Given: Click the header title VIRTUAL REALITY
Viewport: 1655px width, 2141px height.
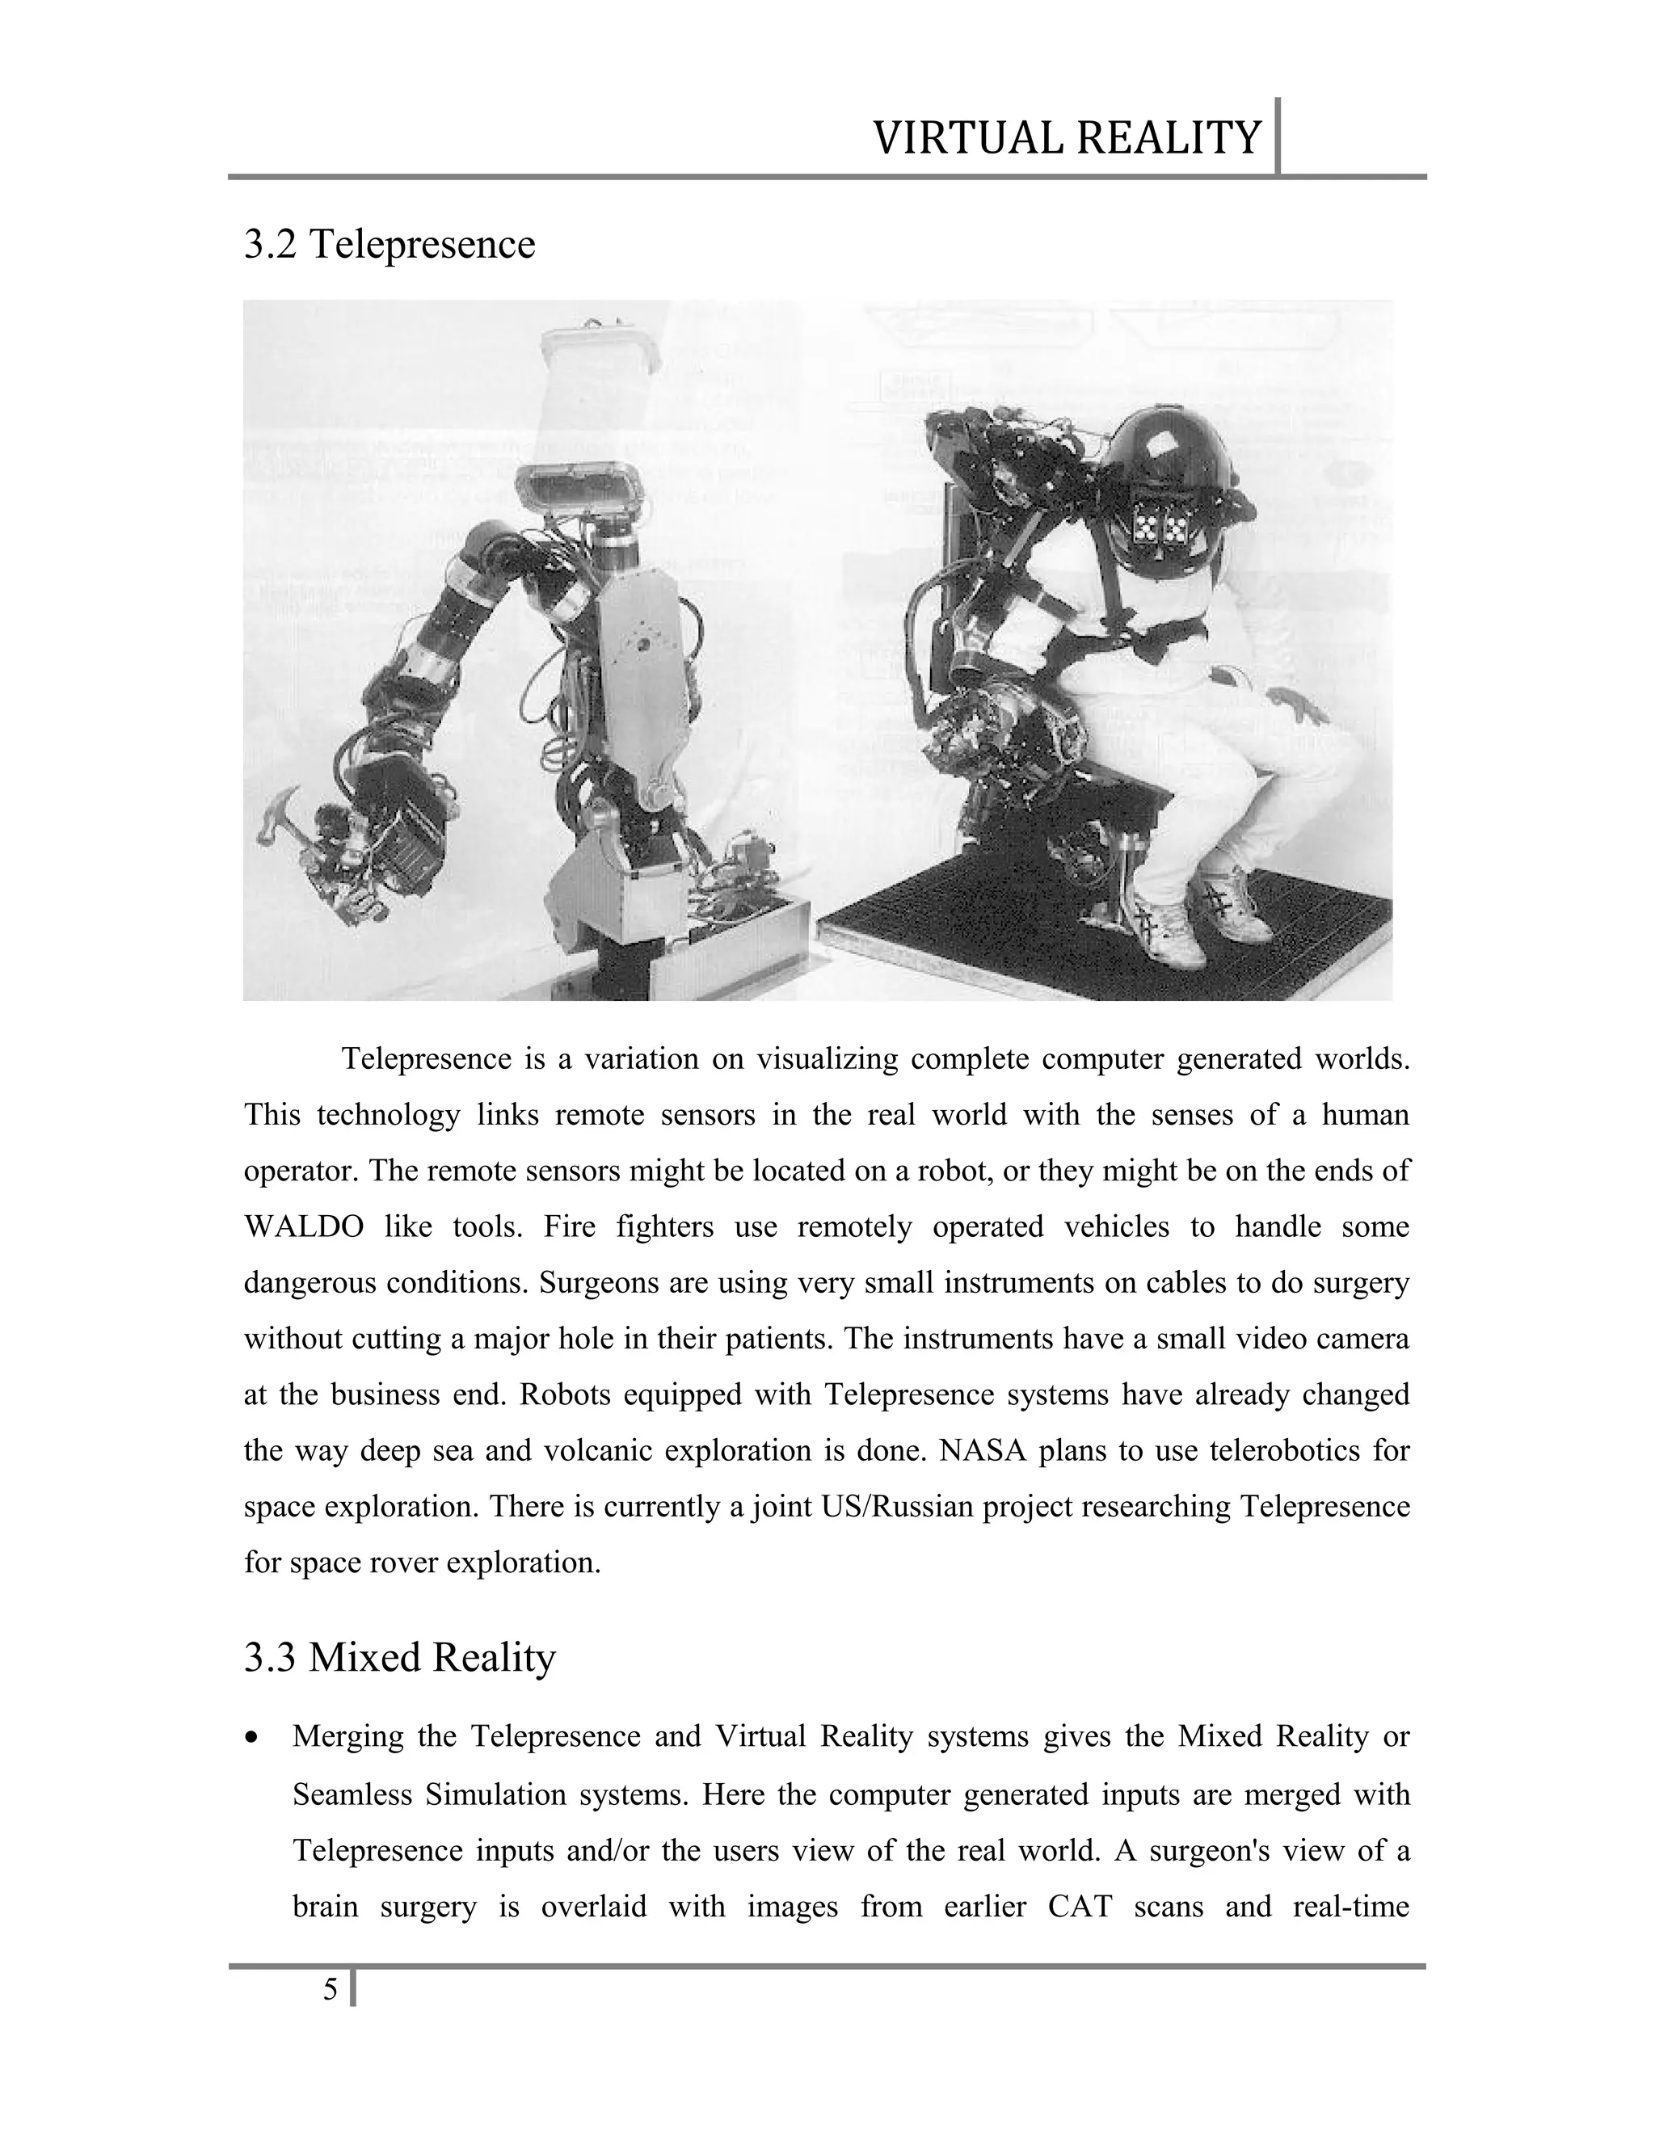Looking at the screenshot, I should tap(1066, 137).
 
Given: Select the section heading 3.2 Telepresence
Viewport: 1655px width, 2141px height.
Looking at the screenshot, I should tap(390, 244).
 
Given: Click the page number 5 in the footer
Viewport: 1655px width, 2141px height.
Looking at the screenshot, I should tap(331, 1990).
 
